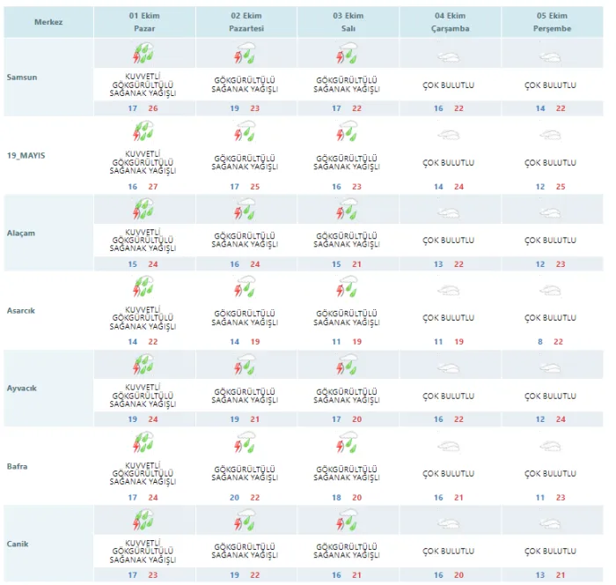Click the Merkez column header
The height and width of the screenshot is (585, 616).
[48, 22]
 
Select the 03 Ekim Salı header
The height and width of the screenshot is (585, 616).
[348, 22]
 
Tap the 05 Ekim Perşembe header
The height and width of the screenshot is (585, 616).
[552, 22]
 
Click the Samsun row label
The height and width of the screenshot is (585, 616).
[22, 78]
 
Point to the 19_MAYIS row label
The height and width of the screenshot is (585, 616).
[26, 155]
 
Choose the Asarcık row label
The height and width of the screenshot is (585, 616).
[21, 310]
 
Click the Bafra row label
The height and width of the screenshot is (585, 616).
[18, 466]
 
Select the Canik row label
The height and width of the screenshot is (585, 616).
[18, 544]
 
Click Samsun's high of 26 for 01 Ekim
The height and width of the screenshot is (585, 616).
[153, 108]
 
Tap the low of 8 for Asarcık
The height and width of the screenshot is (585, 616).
[540, 342]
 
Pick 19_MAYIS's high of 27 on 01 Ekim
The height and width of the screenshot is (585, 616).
[153, 187]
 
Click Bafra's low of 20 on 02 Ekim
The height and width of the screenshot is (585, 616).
[235, 497]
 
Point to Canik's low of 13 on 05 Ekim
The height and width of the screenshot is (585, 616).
[540, 574]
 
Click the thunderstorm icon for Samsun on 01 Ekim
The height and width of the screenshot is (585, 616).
[143, 54]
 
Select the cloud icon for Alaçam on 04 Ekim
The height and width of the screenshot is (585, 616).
[448, 213]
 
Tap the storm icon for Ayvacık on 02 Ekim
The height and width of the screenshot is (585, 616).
[245, 364]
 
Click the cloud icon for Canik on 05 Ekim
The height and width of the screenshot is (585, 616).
[550, 523]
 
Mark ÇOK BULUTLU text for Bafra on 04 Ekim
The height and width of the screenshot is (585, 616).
[448, 473]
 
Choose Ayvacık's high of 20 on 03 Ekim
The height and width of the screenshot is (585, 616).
[356, 419]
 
